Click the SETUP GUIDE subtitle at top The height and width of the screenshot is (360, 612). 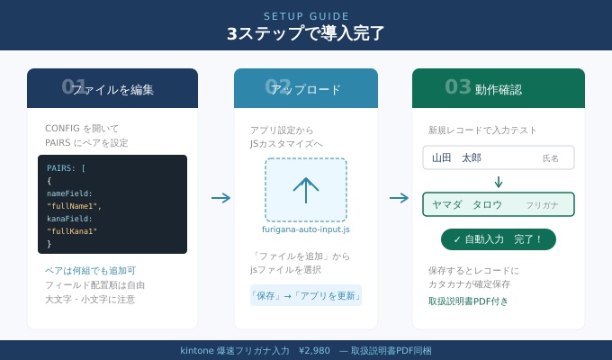tap(306, 16)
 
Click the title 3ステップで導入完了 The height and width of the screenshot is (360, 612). tap(306, 34)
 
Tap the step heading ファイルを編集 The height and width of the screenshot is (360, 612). tap(112, 90)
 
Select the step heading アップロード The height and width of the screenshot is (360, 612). tap(306, 90)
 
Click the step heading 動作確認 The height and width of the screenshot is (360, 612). tap(498, 90)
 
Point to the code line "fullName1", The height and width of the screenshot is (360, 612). tap(74, 206)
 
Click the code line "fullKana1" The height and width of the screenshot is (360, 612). tap(72, 231)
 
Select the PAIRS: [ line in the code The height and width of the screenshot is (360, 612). tap(67, 168)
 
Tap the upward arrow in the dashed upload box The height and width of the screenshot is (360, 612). tap(306, 189)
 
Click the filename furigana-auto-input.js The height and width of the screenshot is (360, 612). tap(306, 229)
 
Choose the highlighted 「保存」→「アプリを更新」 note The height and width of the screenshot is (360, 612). tap(306, 295)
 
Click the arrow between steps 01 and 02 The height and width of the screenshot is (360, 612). tap(220, 198)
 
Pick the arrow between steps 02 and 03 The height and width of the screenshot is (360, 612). tap(399, 198)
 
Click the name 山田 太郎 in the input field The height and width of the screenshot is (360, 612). tap(456, 158)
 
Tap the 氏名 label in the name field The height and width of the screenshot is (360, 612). tap(550, 158)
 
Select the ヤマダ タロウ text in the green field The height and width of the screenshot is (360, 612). tap(467, 204)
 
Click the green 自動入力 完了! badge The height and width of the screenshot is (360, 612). tap(498, 239)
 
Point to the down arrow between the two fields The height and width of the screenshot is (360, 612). tap(498, 182)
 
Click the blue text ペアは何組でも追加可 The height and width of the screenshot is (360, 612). tap(90, 271)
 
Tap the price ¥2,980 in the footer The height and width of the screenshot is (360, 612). tap(314, 351)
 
